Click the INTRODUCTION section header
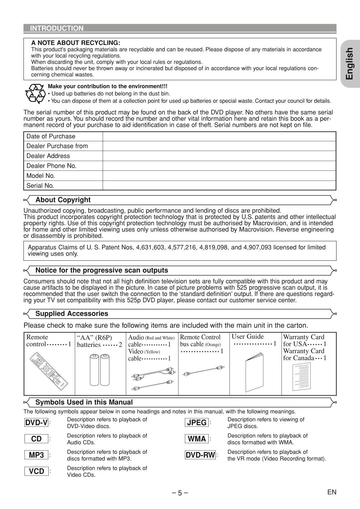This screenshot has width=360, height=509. [57, 29]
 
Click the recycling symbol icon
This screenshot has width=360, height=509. [35, 93]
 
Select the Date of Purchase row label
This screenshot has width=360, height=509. [51, 136]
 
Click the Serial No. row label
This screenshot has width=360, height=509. [40, 186]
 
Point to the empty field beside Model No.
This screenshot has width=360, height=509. [219, 175]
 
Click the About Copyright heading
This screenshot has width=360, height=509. [63, 200]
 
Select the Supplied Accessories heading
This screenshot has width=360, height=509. [72, 314]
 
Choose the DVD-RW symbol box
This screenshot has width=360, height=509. [200, 455]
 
